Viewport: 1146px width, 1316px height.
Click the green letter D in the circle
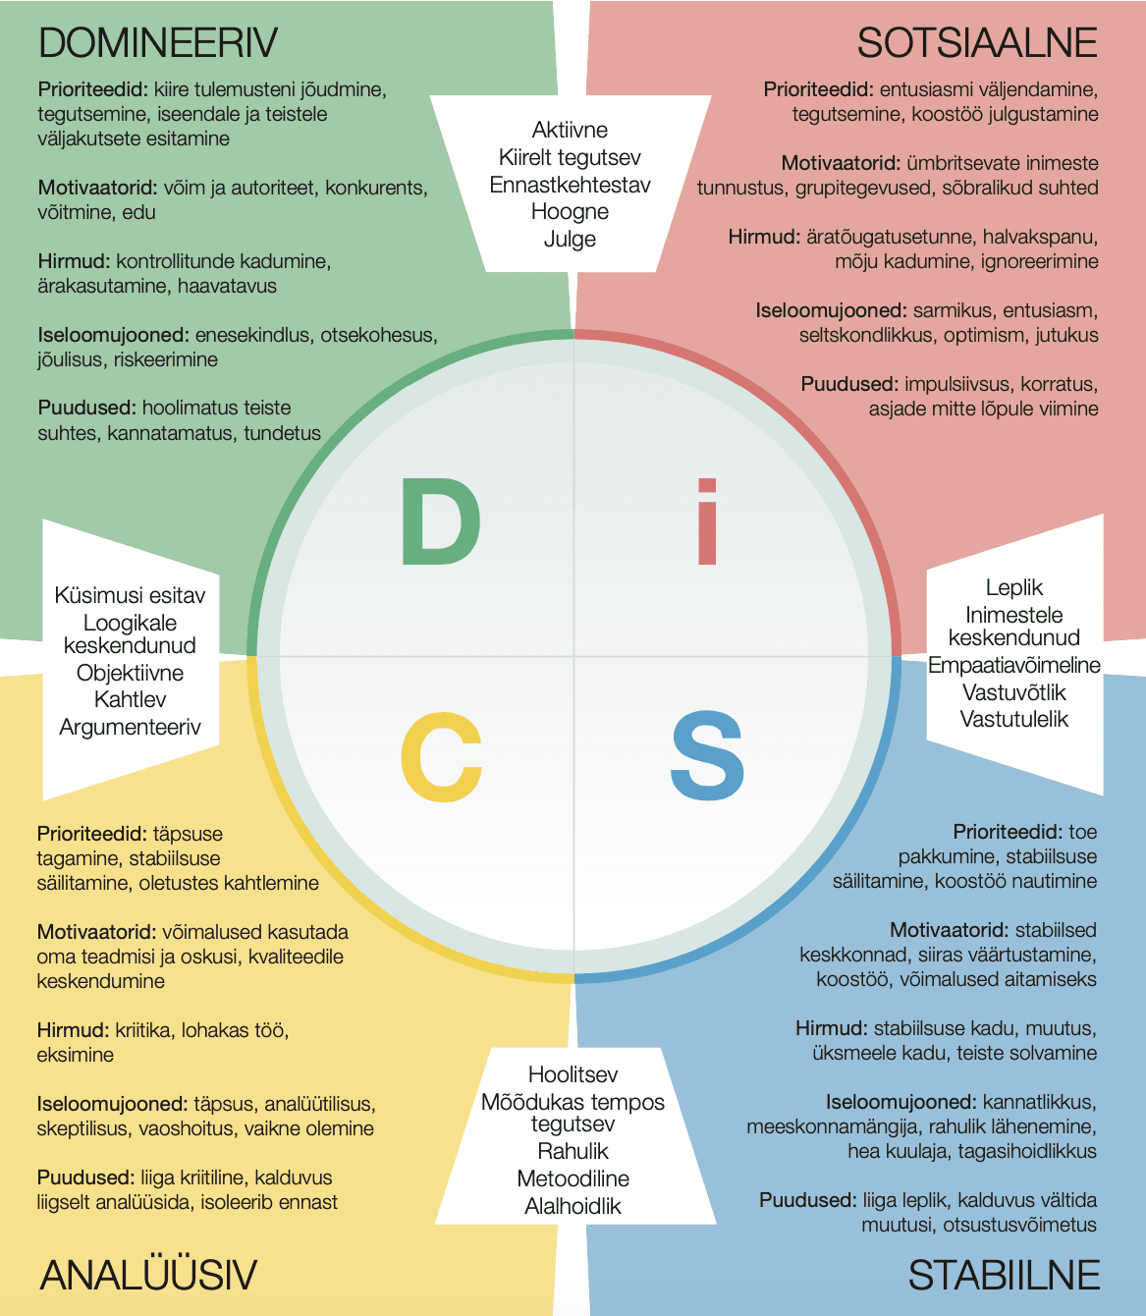pyautogui.click(x=441, y=521)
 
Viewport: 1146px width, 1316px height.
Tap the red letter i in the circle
pyautogui.click(x=707, y=521)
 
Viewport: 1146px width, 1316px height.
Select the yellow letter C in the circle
pyautogui.click(x=441, y=757)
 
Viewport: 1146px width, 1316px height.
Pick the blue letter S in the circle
pyautogui.click(x=707, y=755)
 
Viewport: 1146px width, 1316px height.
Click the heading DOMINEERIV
pyautogui.click(x=157, y=43)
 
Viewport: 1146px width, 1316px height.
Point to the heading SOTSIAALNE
pyautogui.click(x=977, y=43)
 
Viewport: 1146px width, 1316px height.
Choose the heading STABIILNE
pyautogui.click(x=1004, y=1275)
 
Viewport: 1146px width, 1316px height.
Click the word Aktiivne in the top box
pyautogui.click(x=570, y=130)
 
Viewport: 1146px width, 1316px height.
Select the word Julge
pyautogui.click(x=570, y=240)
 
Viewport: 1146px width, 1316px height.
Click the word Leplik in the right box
pyautogui.click(x=1014, y=588)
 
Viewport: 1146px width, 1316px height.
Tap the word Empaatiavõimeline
pyautogui.click(x=1014, y=665)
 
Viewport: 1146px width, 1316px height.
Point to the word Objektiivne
pyautogui.click(x=130, y=673)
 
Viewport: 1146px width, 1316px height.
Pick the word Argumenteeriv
pyautogui.click(x=130, y=727)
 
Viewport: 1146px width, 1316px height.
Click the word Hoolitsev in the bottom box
pyautogui.click(x=573, y=1074)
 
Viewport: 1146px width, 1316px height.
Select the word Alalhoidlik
pyautogui.click(x=573, y=1206)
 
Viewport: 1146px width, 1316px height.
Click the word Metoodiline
pyautogui.click(x=573, y=1179)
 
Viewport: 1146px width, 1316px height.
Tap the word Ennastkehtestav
pyautogui.click(x=570, y=185)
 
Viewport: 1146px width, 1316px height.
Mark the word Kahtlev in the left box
pyautogui.click(x=130, y=699)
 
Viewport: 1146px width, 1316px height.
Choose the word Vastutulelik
pyautogui.click(x=1014, y=719)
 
